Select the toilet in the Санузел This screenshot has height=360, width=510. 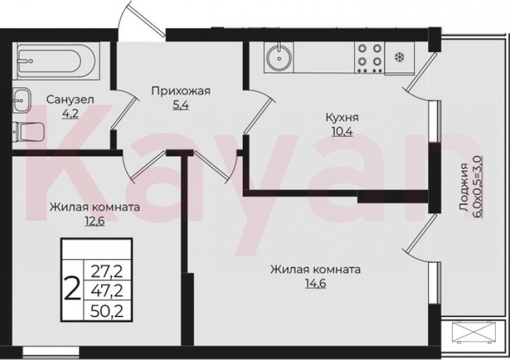click(x=28, y=131)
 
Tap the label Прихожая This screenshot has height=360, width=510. click(x=181, y=92)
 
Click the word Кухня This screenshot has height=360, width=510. click(x=343, y=118)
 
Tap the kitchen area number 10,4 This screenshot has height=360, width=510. click(x=343, y=131)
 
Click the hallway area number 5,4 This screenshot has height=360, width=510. click(x=180, y=105)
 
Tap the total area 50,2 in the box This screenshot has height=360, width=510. click(x=107, y=310)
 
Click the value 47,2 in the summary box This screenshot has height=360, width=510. click(x=107, y=290)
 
